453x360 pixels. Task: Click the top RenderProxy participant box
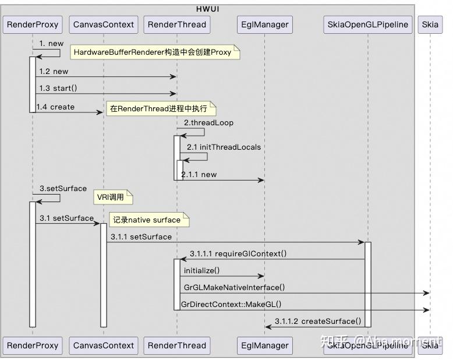pos(32,24)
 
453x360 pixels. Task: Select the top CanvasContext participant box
pos(103,24)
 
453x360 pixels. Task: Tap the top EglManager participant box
pos(265,24)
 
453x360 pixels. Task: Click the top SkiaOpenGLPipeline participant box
pos(368,24)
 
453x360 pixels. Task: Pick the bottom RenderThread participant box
pos(176,345)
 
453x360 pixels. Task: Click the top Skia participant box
pos(430,24)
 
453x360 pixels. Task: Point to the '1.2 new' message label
pos(54,72)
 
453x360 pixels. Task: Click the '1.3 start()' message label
pos(58,89)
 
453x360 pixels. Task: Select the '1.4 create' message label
pos(55,107)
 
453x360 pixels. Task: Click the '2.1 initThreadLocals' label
pos(224,147)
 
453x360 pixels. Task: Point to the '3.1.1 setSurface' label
pos(141,237)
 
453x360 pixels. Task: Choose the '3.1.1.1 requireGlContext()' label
pos(238,253)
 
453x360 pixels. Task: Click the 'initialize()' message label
pos(201,270)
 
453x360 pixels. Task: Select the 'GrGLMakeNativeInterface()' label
pos(234,287)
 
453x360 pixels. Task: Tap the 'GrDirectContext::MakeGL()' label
pos(232,304)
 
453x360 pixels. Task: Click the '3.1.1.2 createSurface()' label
pos(317,321)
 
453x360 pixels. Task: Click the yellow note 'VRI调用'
pos(114,197)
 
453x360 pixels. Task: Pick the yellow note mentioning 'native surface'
pos(149,220)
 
